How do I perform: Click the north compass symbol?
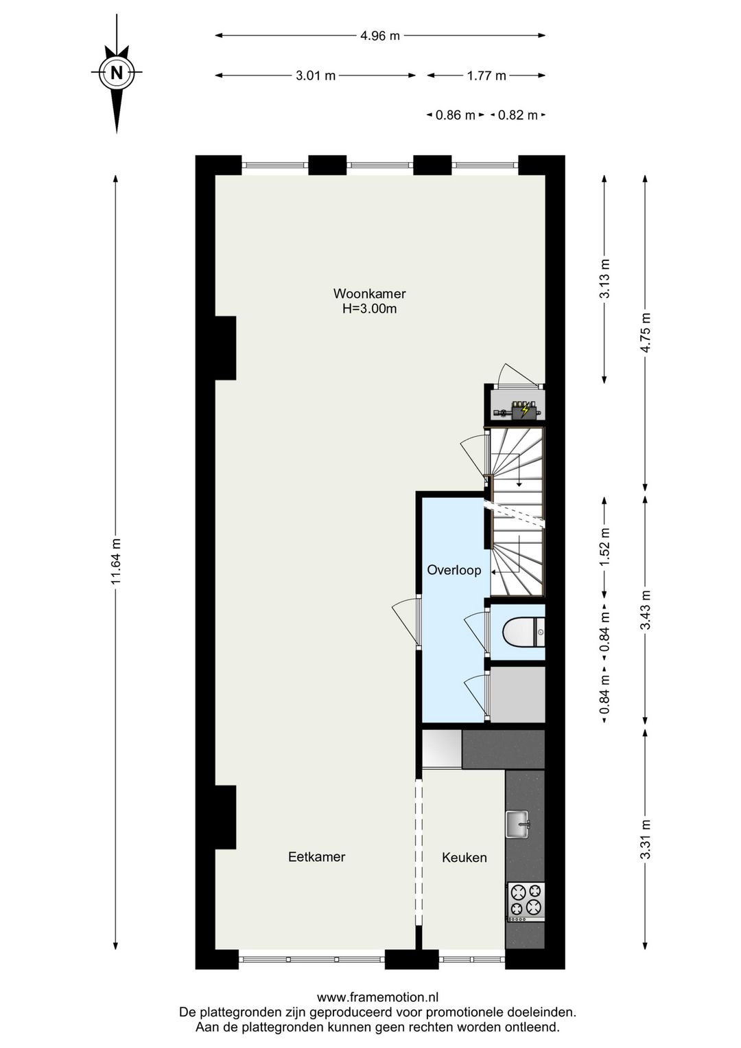click(x=117, y=73)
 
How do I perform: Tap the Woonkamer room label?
click(x=369, y=294)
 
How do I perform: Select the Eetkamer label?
click(x=316, y=856)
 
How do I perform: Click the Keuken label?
click(x=464, y=857)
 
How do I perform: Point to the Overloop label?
click(x=454, y=570)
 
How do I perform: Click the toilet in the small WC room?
click(x=523, y=631)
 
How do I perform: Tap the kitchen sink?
click(x=518, y=823)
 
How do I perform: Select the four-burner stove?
click(x=526, y=901)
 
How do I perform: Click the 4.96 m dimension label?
click(x=380, y=36)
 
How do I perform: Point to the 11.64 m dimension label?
click(x=116, y=561)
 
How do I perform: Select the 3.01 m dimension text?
click(x=316, y=76)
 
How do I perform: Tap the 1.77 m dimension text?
click(x=486, y=76)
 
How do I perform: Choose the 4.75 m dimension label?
click(x=644, y=332)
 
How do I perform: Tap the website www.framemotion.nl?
click(x=377, y=997)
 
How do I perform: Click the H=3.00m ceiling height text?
click(x=369, y=309)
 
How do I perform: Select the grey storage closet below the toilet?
click(x=518, y=694)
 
